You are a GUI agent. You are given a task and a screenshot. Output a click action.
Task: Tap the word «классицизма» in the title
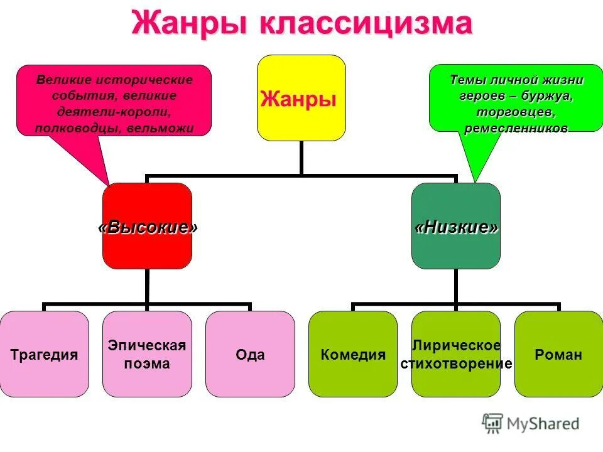364,24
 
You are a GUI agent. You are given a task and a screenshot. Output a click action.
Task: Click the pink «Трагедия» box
44,354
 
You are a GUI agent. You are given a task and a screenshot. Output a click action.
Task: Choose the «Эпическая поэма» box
147,354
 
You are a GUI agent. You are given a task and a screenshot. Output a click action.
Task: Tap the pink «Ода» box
250,354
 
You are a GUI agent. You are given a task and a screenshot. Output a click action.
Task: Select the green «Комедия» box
352,354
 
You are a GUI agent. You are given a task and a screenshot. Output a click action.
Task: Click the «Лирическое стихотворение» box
455,354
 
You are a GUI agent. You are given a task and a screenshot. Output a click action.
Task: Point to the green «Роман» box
558,354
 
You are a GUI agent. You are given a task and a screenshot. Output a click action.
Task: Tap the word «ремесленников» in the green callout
516,128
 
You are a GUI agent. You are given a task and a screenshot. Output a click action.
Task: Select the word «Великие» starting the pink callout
63,80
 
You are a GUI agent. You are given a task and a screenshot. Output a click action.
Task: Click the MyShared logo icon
493,424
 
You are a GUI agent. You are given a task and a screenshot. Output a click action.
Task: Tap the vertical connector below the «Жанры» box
301,157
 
